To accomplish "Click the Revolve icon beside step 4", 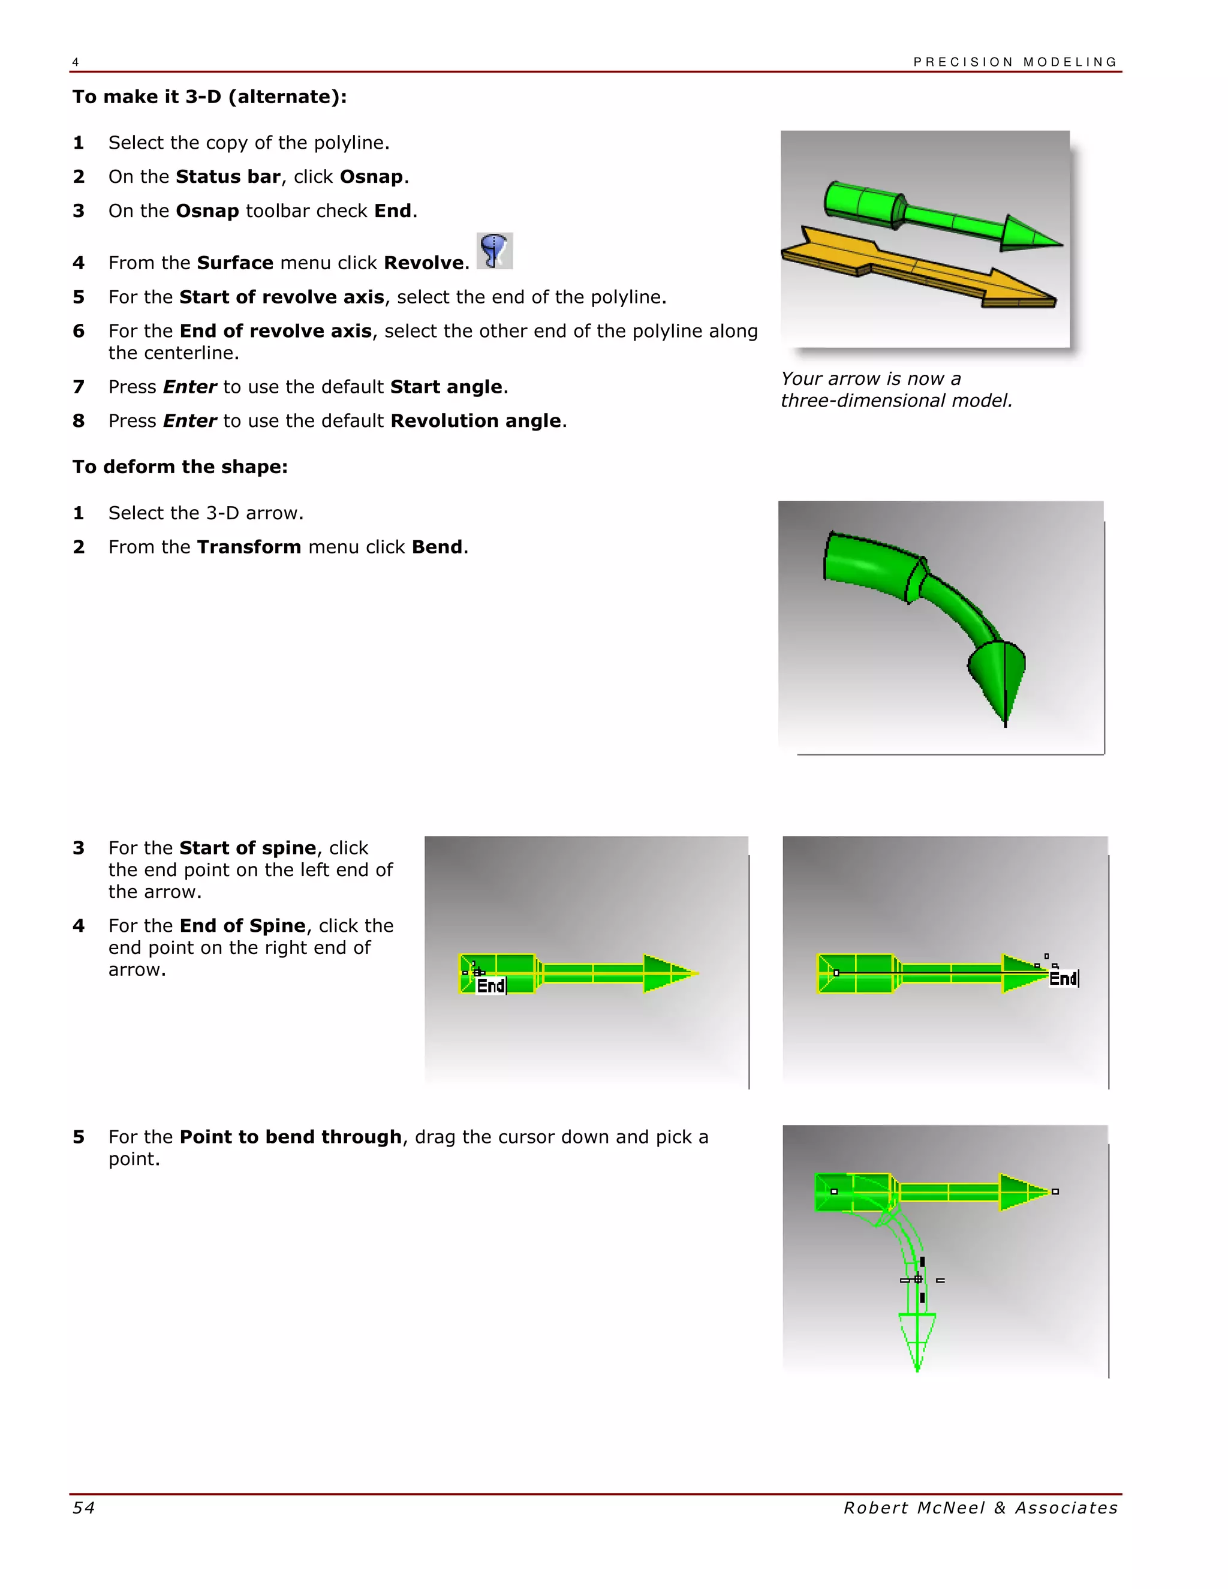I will (495, 251).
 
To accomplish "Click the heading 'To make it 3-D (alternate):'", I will (209, 97).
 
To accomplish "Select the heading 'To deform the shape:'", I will (180, 467).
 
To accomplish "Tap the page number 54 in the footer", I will (84, 1508).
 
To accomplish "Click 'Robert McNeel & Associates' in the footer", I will (980, 1508).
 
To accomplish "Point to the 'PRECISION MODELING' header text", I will (1015, 62).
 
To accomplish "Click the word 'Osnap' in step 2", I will (371, 177).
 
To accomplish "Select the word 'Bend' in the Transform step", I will (437, 547).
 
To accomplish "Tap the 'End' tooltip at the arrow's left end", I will (490, 986).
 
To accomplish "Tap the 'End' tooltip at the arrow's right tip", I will (1063, 979).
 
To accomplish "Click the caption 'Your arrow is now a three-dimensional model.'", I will (896, 389).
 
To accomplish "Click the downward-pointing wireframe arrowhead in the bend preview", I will (917, 1339).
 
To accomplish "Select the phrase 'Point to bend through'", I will (290, 1137).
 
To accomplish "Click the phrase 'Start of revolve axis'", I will (282, 297).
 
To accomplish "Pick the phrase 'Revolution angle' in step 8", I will (475, 422).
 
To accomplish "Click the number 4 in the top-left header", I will (76, 62).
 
